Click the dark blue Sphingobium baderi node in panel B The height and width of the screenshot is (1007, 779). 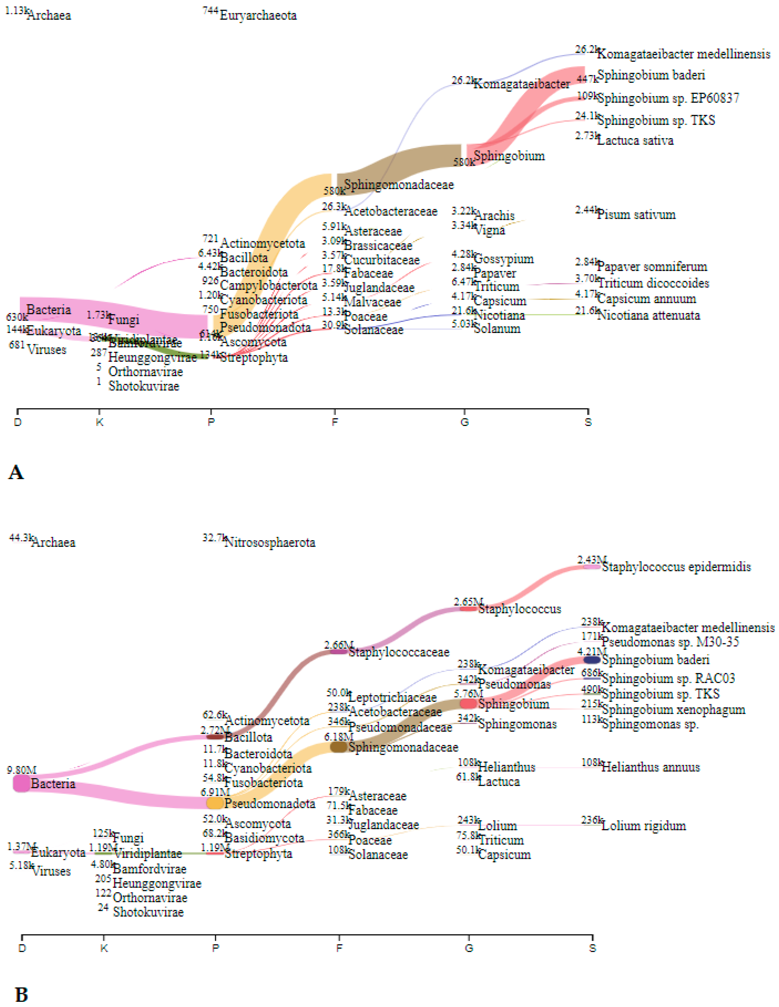tap(592, 660)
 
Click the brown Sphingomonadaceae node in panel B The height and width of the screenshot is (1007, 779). tap(339, 747)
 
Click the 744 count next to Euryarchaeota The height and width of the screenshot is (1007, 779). tap(210, 11)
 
